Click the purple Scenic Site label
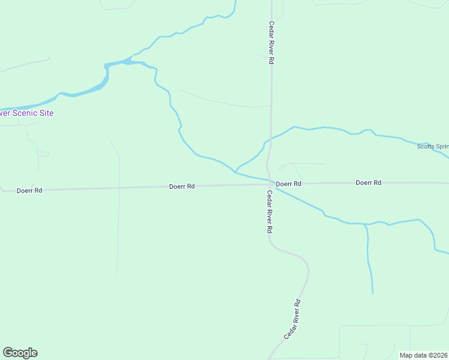[27, 113]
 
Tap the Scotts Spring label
[433, 146]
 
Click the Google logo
[20, 353]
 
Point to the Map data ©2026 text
[424, 355]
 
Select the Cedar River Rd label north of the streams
[271, 44]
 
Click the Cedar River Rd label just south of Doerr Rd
[270, 212]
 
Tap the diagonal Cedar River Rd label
[292, 320]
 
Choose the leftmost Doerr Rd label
[29, 190]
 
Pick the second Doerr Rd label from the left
[182, 187]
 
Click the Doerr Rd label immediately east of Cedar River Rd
[288, 183]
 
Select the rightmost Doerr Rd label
[369, 182]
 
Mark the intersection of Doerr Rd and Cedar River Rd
[271, 184]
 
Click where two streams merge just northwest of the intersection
[235, 171]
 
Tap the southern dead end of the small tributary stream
[372, 293]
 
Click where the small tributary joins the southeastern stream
[365, 224]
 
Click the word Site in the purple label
[45, 113]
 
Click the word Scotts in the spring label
[426, 146]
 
